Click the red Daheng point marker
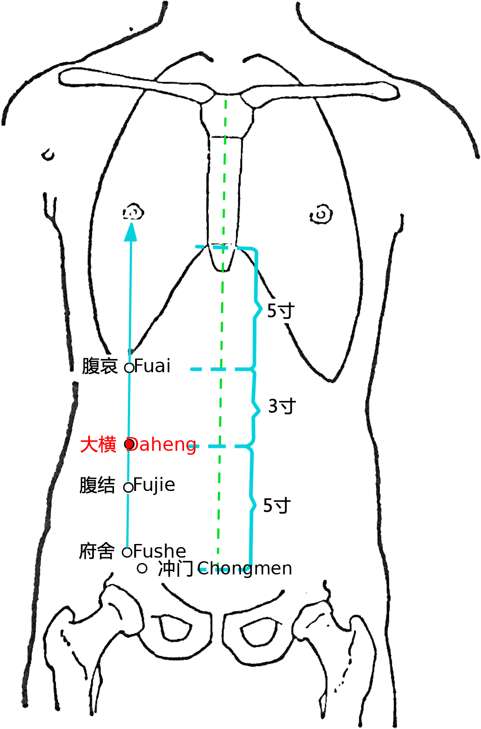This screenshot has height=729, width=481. coord(130,444)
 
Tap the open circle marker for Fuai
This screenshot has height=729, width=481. coord(129,368)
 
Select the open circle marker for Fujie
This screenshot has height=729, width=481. coord(128,487)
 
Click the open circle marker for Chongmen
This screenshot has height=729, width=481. coord(142,569)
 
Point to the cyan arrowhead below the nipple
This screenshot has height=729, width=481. coord(131,232)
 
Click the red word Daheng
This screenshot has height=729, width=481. coord(162,445)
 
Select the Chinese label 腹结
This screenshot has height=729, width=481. coord(97,485)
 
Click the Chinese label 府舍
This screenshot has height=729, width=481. coord(97,551)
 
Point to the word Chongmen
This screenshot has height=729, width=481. coord(244,569)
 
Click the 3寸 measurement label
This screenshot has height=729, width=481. coord(282,406)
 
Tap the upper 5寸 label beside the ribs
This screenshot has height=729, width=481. coord(281,311)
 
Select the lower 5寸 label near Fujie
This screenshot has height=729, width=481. coord(277,506)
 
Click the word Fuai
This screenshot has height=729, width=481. coord(152,366)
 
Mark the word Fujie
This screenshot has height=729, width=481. coord(154,485)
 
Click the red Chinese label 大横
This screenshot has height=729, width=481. coord(98,445)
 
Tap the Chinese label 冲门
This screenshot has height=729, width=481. coord(176,569)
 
